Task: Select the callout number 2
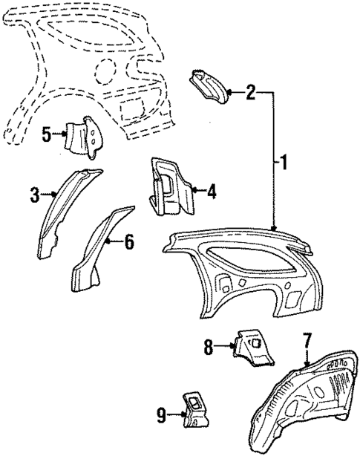251,93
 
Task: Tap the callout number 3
34,195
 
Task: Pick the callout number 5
46,134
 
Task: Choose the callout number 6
128,241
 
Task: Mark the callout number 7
307,343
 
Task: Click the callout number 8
209,345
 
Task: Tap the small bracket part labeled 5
84,136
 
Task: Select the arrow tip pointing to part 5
65,134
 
